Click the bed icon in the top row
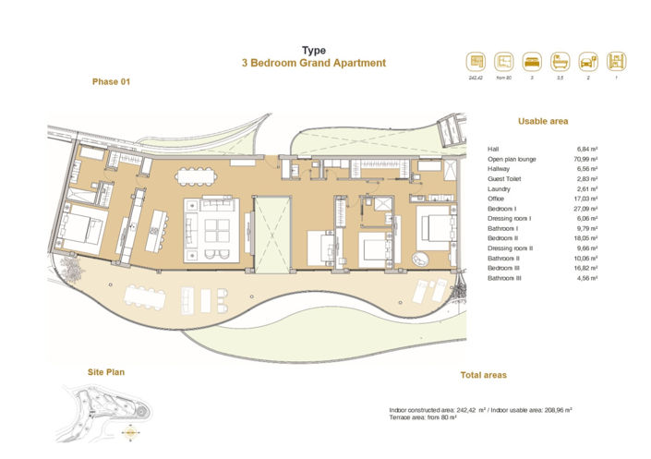(533, 62)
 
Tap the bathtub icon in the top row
(561, 62)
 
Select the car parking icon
(588, 62)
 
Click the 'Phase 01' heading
(112, 82)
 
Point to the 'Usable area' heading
(543, 121)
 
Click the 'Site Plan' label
(106, 372)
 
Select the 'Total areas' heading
(483, 375)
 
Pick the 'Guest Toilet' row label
(505, 178)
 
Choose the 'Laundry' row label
(499, 188)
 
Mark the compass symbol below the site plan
(131, 428)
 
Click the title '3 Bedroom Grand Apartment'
(314, 64)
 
